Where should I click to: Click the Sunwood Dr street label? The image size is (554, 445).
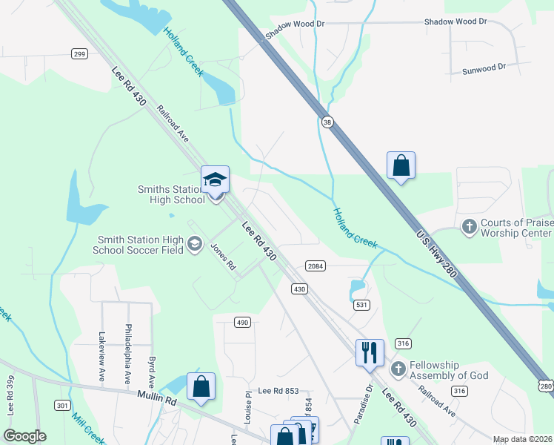(484, 67)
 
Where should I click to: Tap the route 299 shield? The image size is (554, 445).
(80, 53)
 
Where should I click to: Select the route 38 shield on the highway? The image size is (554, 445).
(327, 120)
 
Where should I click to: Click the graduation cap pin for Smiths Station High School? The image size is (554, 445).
(216, 181)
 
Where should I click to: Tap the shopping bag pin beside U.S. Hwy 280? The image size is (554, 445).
(401, 166)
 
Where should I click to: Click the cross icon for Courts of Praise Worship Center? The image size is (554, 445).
(469, 226)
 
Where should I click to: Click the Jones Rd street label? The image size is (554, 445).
(222, 256)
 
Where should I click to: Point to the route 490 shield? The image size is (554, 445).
(242, 322)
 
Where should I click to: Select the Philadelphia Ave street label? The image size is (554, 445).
(129, 351)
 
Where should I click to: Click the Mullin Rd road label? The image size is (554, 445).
(158, 399)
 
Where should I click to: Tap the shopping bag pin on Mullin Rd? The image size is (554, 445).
(201, 386)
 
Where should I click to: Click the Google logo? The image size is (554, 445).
(24, 436)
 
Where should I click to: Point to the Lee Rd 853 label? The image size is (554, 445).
(278, 391)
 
